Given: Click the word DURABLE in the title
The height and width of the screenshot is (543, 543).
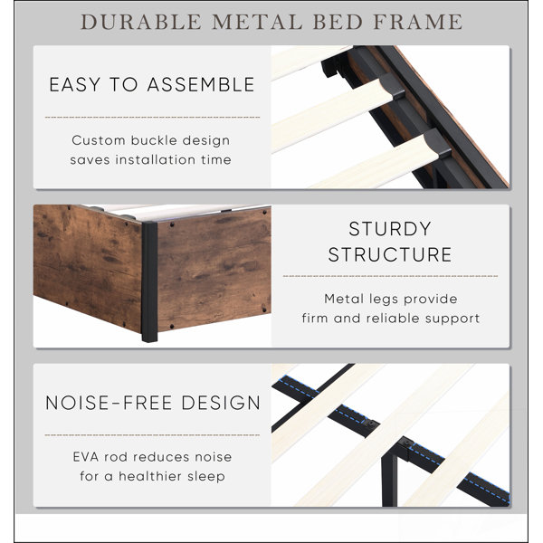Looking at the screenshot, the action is [x=141, y=22].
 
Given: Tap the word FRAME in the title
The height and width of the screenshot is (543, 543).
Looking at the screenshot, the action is [x=418, y=22].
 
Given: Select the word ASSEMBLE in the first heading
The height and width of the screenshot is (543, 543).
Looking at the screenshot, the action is [x=201, y=85].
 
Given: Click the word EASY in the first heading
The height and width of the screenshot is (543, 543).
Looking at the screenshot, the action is [x=75, y=85].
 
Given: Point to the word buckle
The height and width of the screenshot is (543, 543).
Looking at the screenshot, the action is [x=154, y=140].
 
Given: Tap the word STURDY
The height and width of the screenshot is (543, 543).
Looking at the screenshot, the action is [x=390, y=229].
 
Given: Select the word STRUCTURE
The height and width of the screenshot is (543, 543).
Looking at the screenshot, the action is [x=390, y=254].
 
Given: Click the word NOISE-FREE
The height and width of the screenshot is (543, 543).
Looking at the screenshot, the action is [x=109, y=403].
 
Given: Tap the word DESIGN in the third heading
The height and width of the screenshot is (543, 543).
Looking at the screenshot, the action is [x=221, y=403].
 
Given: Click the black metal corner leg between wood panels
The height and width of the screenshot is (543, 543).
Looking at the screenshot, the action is [x=149, y=281].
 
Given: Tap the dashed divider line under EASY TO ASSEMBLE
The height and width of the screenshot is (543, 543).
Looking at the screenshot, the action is [x=152, y=118].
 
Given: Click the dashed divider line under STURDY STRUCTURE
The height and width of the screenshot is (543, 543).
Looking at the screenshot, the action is [x=390, y=276].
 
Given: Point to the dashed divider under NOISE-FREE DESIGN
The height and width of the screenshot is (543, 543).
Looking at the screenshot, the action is [x=152, y=435].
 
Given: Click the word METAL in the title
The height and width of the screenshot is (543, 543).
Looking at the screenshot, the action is [x=257, y=22].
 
